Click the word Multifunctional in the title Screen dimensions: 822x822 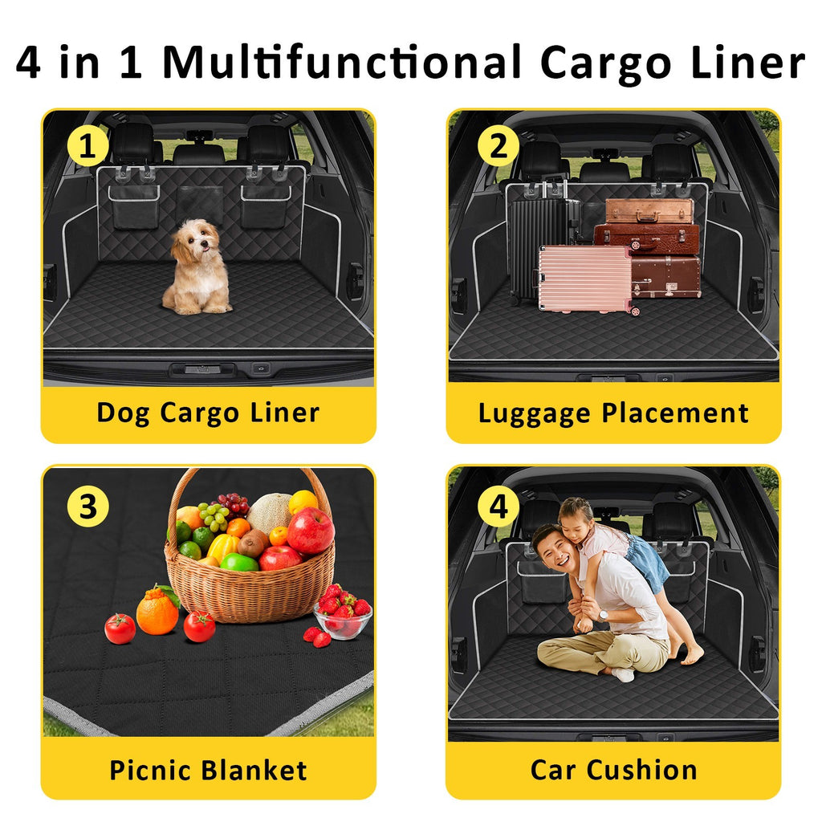(x=342, y=63)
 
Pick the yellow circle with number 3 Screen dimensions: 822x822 (x=87, y=507)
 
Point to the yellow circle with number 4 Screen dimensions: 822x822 (x=498, y=507)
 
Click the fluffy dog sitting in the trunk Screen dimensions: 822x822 (x=197, y=267)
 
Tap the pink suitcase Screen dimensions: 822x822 (x=586, y=279)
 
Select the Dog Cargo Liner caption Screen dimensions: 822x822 (x=208, y=413)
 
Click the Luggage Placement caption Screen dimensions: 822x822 (x=613, y=413)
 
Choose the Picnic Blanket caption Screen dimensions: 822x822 (x=208, y=771)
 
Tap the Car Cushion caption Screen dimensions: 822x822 (x=613, y=770)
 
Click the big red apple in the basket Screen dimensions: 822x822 (x=311, y=530)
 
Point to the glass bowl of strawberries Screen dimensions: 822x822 (x=344, y=619)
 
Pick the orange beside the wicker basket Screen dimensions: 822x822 (x=157, y=611)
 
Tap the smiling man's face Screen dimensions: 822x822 (x=555, y=554)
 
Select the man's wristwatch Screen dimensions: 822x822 (x=604, y=616)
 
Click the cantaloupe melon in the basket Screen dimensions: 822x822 (x=270, y=512)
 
